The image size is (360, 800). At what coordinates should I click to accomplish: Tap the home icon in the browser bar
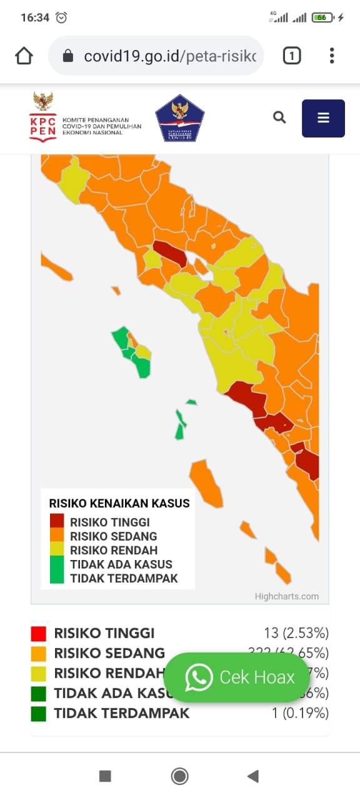[x=24, y=56]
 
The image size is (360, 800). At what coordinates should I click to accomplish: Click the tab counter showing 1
[x=291, y=56]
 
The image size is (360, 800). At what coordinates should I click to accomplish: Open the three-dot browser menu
[x=332, y=56]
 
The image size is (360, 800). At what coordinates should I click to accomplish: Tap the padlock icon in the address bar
[x=68, y=56]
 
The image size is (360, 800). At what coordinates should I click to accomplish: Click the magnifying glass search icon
[x=279, y=117]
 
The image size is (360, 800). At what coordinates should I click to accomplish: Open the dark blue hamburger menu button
[x=323, y=118]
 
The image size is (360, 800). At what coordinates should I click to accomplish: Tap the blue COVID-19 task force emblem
[x=180, y=118]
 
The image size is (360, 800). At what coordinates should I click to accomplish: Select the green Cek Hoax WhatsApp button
[x=237, y=677]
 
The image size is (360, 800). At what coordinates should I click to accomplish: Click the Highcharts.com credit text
[x=286, y=596]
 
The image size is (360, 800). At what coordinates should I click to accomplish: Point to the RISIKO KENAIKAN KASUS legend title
[x=119, y=503]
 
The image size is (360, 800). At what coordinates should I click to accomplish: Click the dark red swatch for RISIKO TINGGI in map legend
[x=57, y=521]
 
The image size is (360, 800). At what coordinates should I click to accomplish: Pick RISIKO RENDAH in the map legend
[x=113, y=551]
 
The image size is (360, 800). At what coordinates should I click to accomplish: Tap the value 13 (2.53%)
[x=296, y=633]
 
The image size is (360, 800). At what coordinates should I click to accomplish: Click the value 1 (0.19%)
[x=300, y=713]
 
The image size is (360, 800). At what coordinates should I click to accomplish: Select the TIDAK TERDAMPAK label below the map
[x=121, y=713]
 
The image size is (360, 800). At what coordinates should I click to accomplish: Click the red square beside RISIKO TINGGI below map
[x=39, y=634]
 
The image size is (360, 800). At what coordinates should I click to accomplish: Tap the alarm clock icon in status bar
[x=61, y=18]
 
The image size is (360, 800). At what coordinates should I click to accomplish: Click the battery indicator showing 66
[x=322, y=18]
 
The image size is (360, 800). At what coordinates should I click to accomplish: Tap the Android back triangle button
[x=252, y=776]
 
